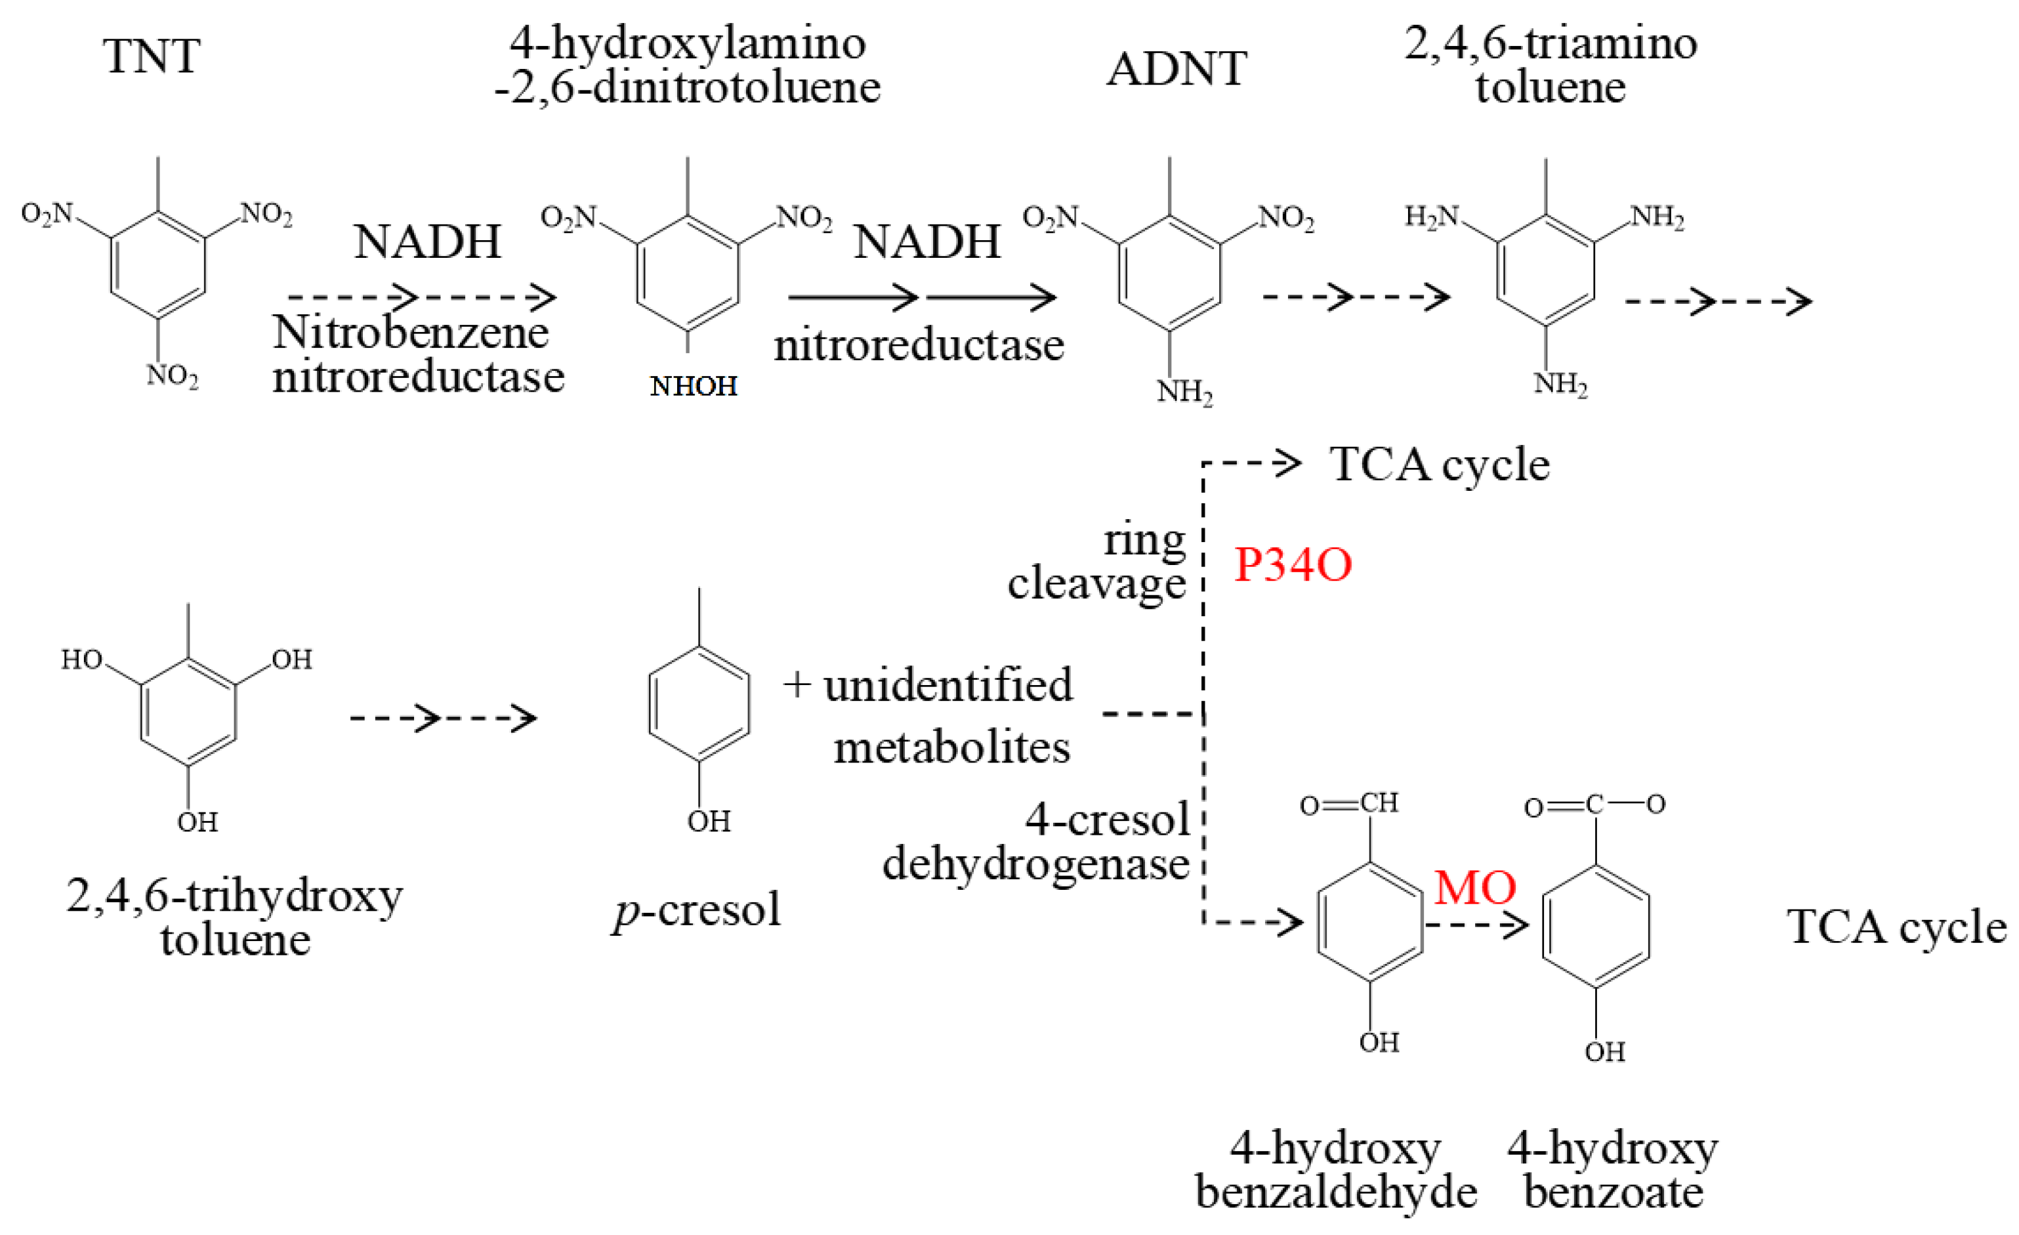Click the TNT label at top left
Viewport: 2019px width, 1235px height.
click(152, 56)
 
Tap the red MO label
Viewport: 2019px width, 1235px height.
click(1475, 887)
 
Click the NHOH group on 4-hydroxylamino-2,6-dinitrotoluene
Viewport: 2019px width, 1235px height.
click(693, 386)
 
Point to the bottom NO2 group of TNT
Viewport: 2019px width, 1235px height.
click(173, 376)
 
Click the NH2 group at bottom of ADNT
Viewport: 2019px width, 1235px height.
click(1184, 392)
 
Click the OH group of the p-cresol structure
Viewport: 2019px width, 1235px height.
click(708, 821)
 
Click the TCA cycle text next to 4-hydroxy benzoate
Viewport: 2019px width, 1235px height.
click(1896, 927)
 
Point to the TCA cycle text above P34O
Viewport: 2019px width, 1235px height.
click(1439, 465)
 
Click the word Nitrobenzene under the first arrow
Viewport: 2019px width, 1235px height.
click(411, 332)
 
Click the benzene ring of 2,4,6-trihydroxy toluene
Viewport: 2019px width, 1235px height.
click(188, 711)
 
